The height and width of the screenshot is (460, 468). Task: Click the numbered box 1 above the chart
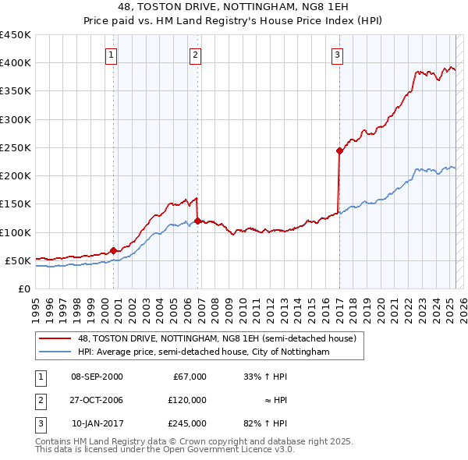112,55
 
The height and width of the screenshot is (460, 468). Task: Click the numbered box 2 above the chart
195,55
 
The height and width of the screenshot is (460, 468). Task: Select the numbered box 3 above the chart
337,55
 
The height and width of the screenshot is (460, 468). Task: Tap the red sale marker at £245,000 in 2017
339,150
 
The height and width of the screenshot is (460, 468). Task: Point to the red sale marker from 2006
197,221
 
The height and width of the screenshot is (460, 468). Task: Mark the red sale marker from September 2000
113,250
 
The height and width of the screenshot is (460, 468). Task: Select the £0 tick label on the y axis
23,288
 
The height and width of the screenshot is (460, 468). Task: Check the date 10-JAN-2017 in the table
97,424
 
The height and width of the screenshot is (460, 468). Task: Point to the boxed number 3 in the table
40,424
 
